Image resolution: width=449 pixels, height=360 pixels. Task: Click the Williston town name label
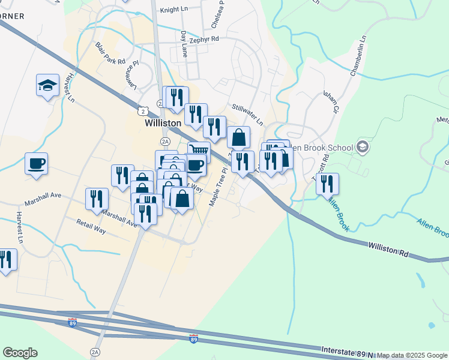pos(163,122)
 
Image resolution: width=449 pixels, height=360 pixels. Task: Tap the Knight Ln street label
pos(175,10)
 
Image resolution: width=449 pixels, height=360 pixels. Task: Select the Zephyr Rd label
pos(205,38)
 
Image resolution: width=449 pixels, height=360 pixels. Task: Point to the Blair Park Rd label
pos(110,53)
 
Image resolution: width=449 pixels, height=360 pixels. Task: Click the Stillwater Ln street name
pos(247,113)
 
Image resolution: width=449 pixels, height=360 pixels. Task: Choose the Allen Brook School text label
pos(324,146)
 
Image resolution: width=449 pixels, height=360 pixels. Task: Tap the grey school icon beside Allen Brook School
pos(362,146)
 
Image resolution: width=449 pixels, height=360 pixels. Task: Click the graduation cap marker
pos(47,85)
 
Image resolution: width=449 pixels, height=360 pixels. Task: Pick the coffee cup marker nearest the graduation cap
pos(36,163)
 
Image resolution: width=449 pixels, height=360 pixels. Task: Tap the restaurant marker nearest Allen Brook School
pos(327,184)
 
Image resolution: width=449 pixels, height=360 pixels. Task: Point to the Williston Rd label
pos(388,250)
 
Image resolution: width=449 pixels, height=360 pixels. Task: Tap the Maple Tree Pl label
pos(217,187)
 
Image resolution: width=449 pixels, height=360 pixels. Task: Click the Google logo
pos(20,353)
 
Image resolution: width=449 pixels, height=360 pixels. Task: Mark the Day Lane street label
pos(184,44)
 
